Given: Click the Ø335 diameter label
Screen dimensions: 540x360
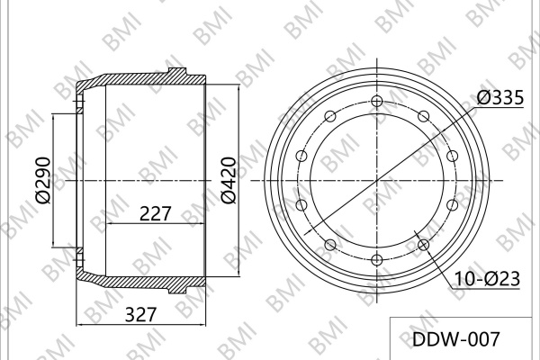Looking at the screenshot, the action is click(x=500, y=97).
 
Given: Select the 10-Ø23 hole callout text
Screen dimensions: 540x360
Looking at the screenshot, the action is click(x=487, y=279).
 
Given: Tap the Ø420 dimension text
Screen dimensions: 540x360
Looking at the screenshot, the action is click(x=229, y=180).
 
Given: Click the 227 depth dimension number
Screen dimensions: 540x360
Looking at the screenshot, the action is click(x=155, y=213).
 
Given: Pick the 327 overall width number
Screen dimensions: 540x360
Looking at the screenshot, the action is click(x=141, y=314).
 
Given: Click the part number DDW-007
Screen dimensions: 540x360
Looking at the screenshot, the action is click(x=455, y=339).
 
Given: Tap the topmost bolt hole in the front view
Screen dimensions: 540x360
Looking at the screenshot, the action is click(x=377, y=102).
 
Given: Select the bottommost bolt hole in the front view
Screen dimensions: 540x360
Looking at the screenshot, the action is click(x=377, y=260).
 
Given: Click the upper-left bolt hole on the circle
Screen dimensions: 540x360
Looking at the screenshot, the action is click(x=330, y=116).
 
